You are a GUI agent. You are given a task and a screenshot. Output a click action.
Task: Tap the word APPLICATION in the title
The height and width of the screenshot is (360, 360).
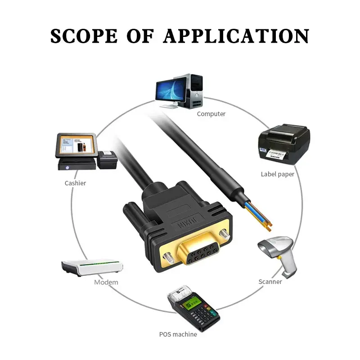tap(236, 36)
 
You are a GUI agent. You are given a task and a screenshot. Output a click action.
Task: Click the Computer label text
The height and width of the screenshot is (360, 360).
tap(211, 114)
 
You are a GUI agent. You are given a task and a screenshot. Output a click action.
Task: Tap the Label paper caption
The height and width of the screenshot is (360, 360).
tap(277, 174)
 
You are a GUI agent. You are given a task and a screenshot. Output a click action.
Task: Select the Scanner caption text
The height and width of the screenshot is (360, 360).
tap(270, 282)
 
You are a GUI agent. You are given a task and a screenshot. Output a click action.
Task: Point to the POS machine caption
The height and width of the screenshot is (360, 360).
tap(178, 334)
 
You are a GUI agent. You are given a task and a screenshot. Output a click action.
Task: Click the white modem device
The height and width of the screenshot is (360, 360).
tap(92, 267)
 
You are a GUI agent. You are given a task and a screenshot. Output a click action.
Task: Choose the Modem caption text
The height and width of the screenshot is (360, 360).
tap(106, 282)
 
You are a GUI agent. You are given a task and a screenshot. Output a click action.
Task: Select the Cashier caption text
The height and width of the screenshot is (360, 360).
tap(75, 183)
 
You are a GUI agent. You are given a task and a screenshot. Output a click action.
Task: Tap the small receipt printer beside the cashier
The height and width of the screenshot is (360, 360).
tap(107, 160)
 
